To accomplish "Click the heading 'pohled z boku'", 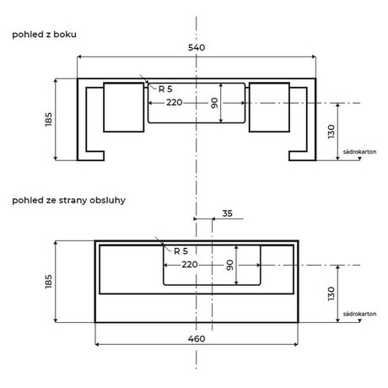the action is click(x=44, y=35).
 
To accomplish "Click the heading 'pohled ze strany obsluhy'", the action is click(x=68, y=201).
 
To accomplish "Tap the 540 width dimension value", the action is click(x=197, y=47).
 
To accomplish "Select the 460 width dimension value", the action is click(x=197, y=339).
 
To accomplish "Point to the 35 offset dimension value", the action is click(x=228, y=213).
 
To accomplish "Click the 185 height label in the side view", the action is click(x=49, y=120).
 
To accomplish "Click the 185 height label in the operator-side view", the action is click(x=49, y=282).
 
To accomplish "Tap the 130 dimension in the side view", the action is click(x=331, y=132).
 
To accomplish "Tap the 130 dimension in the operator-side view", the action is click(x=331, y=294).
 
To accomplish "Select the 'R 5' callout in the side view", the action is click(x=165, y=89).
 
